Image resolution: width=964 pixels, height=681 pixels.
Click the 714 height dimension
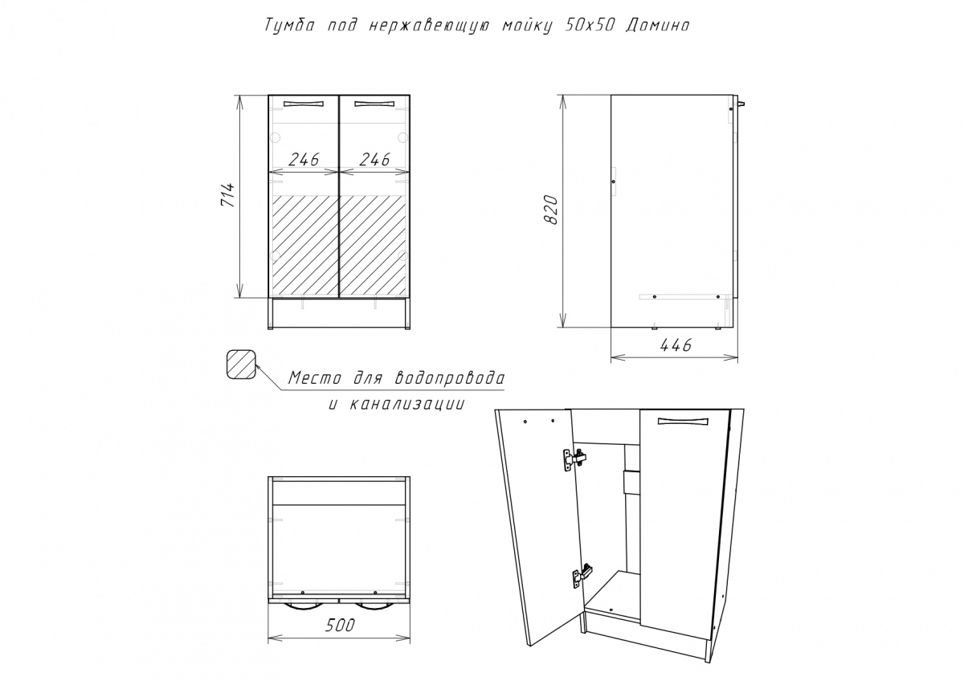click(x=227, y=197)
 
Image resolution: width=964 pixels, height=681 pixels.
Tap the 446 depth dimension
click(x=675, y=345)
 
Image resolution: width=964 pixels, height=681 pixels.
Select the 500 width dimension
click(x=339, y=626)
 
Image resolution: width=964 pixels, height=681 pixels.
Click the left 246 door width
click(x=302, y=159)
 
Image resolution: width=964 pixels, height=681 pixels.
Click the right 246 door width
click(x=374, y=159)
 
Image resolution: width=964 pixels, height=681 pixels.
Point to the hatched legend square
click(x=240, y=365)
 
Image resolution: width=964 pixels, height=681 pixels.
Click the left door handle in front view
click(x=302, y=103)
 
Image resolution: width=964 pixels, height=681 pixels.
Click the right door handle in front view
click(x=374, y=103)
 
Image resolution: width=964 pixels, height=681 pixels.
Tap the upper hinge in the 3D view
click(x=574, y=459)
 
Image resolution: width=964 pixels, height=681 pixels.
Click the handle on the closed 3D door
click(x=680, y=420)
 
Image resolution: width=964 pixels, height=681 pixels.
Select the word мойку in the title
click(x=525, y=26)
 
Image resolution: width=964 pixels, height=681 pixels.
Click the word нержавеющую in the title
click(x=434, y=26)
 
